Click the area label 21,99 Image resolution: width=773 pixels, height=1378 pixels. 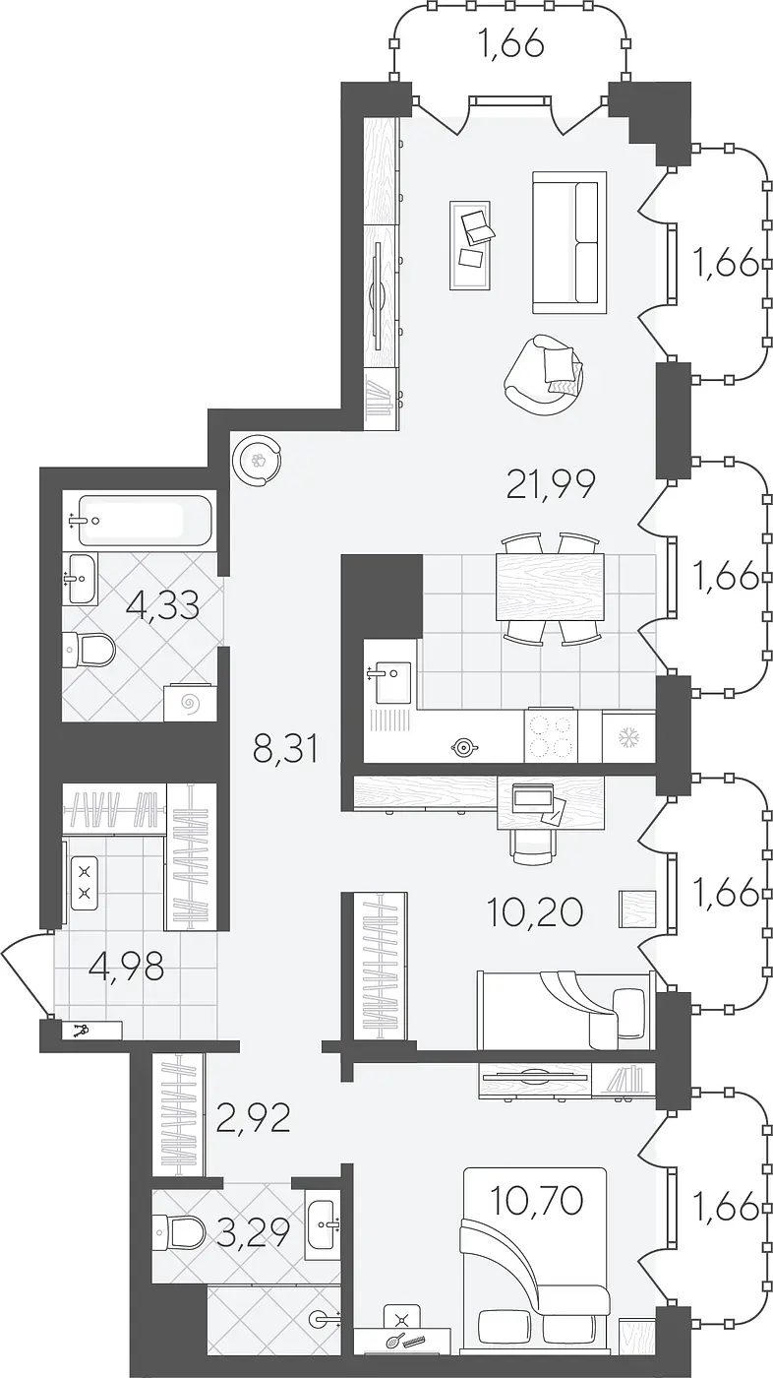[551, 483]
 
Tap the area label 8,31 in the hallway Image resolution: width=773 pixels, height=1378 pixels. [286, 749]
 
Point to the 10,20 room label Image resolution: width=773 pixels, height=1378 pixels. [534, 911]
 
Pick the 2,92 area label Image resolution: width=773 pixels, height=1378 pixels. [253, 1118]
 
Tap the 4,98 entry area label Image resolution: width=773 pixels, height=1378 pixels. [127, 967]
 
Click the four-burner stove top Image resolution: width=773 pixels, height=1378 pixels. [551, 736]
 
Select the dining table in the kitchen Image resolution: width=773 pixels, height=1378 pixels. [550, 587]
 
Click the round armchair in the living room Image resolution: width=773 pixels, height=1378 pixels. [543, 375]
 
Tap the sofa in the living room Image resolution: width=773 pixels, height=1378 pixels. [569, 242]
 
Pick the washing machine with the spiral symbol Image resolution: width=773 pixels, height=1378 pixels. [191, 701]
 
